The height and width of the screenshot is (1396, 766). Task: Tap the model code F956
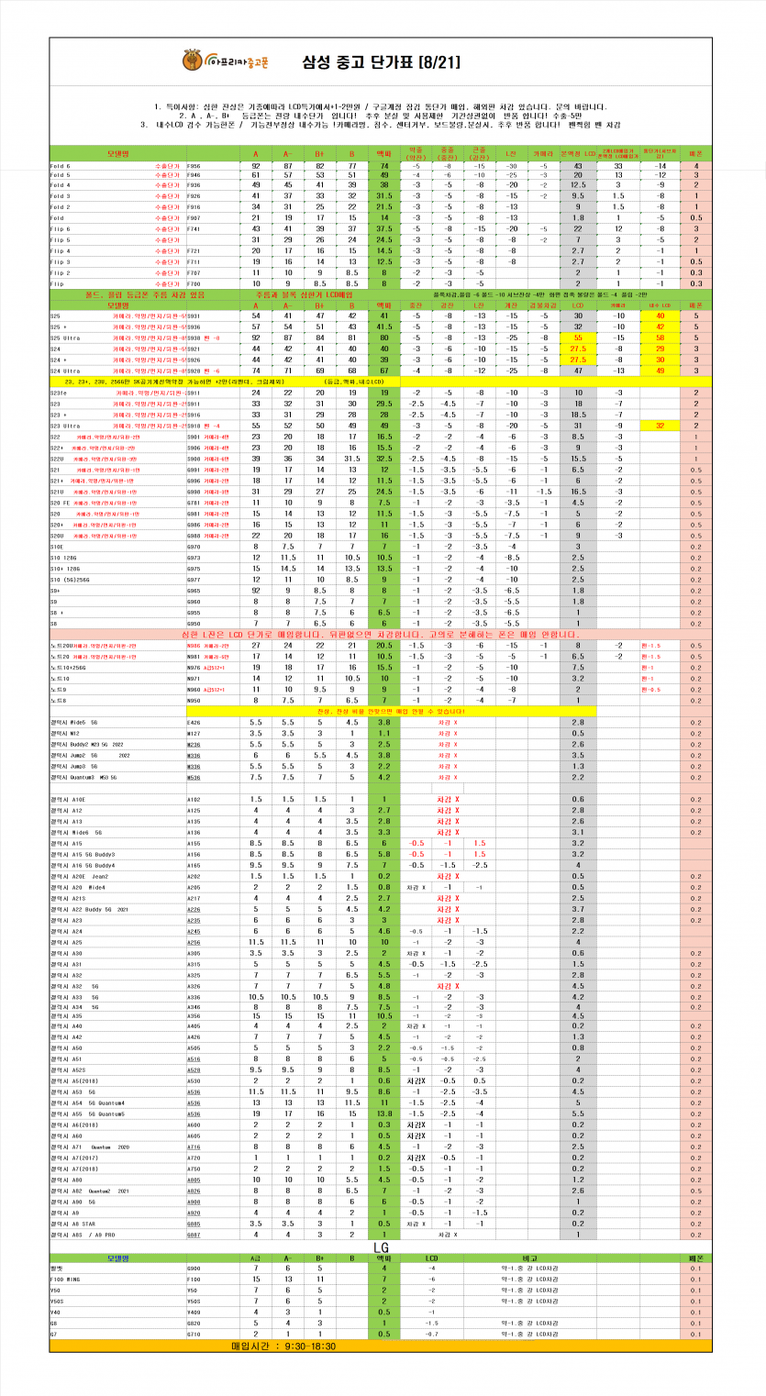[194, 166]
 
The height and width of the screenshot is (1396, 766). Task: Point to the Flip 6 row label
[62, 229]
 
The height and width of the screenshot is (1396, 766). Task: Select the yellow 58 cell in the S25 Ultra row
[661, 338]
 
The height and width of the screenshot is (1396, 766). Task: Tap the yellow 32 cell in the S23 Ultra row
[661, 426]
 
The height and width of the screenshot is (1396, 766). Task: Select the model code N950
[194, 700]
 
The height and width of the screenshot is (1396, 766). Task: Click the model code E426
[194, 723]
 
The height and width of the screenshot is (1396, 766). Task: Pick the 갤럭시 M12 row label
[67, 734]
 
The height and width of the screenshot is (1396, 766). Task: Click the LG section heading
[384, 1246]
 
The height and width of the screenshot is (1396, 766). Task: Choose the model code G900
[194, 1267]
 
